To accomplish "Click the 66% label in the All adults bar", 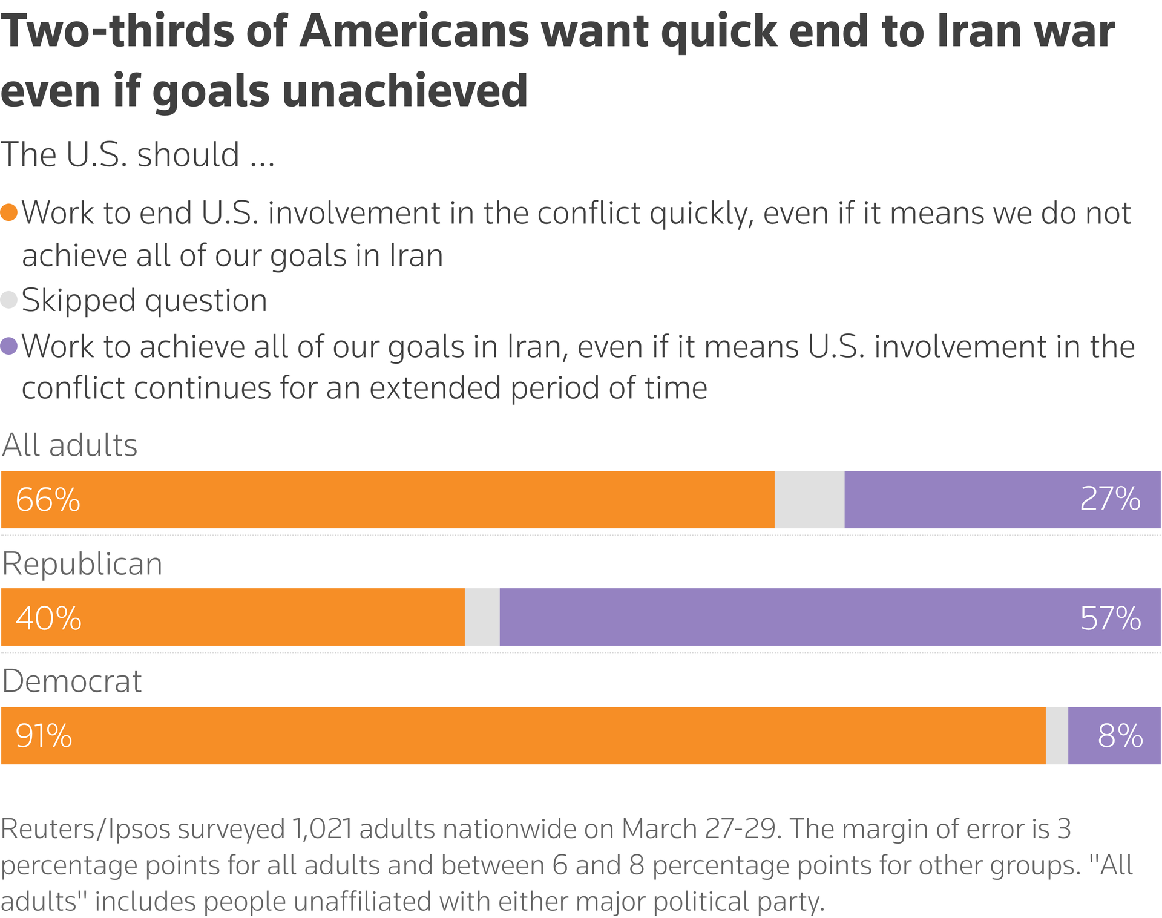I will tap(48, 500).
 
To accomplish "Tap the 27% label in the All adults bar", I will tap(1110, 499).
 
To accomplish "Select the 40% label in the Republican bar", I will tap(48, 618).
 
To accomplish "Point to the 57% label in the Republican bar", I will tap(1110, 618).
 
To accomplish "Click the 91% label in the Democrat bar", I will tap(44, 736).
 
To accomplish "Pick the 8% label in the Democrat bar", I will tap(1120, 736).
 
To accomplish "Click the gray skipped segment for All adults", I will tap(809, 500).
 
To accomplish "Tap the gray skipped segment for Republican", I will tap(482, 617).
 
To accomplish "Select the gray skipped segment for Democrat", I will tap(1057, 736).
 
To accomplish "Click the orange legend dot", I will tap(9, 213).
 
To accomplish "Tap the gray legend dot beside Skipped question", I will tap(9, 300).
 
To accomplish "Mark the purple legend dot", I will tap(9, 347).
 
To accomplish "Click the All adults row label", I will tap(70, 445).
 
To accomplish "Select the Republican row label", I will tap(82, 564).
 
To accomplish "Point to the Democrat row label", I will tap(71, 681).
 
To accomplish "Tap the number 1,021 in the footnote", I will tap(322, 828).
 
